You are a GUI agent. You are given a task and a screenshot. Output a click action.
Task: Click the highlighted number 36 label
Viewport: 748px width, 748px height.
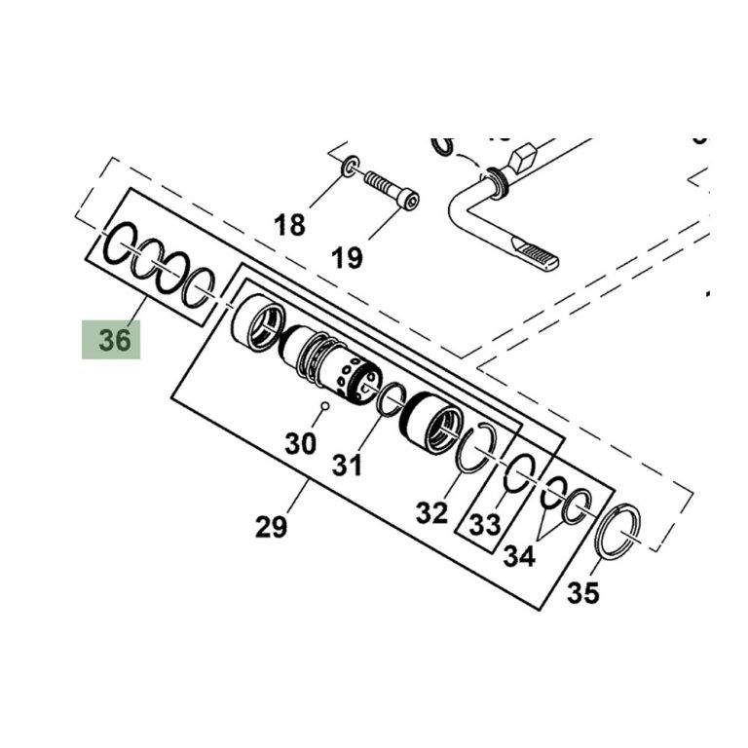pyautogui.click(x=115, y=340)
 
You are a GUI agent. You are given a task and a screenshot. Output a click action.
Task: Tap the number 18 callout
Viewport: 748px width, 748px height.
pyautogui.click(x=289, y=225)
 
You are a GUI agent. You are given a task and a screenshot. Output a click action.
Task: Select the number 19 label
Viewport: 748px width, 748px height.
pyautogui.click(x=347, y=258)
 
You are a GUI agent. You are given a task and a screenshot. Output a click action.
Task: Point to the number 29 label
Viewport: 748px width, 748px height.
pyautogui.click(x=271, y=527)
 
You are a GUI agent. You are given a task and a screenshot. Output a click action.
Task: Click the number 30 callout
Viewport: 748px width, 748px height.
pyautogui.click(x=301, y=443)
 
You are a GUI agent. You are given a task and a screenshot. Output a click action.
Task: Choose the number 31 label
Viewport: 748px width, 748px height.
pyautogui.click(x=347, y=465)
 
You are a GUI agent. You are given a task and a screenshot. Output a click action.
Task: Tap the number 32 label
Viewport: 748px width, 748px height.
pyautogui.click(x=431, y=513)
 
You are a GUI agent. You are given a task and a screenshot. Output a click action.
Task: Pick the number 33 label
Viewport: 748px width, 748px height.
pyautogui.click(x=485, y=524)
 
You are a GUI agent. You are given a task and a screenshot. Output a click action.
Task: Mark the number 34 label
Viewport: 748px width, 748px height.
pyautogui.click(x=519, y=556)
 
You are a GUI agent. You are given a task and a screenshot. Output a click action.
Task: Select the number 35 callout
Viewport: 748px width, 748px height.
pyautogui.click(x=582, y=593)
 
